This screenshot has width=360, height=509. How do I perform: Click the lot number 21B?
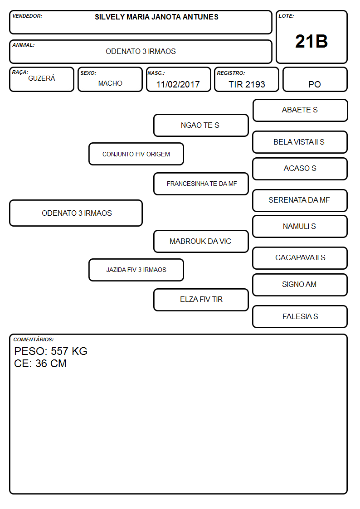pyautogui.click(x=311, y=42)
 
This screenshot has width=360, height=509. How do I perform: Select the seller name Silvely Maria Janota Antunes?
pyautogui.click(x=156, y=17)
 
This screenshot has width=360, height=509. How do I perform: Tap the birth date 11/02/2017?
pyautogui.click(x=178, y=84)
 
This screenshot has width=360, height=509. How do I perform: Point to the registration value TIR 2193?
pyautogui.click(x=247, y=84)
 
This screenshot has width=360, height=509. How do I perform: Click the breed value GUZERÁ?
pyautogui.click(x=42, y=78)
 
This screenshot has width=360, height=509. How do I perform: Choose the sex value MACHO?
pyautogui.click(x=110, y=83)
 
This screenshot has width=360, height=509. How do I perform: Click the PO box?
pyautogui.click(x=315, y=79)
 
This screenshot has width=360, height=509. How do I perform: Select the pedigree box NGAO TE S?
pyautogui.click(x=201, y=125)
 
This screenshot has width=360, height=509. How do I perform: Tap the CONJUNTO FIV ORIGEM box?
pyautogui.click(x=136, y=154)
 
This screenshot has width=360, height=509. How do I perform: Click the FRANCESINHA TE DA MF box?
pyautogui.click(x=201, y=184)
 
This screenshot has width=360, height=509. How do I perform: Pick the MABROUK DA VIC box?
pyautogui.click(x=201, y=242)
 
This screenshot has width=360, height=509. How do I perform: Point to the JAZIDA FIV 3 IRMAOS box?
pyautogui.click(x=136, y=270)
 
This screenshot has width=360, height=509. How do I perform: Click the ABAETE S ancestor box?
pyautogui.click(x=300, y=111)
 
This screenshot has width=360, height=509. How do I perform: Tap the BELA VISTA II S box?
pyautogui.click(x=300, y=142)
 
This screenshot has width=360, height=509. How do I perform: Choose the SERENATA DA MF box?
pyautogui.click(x=300, y=201)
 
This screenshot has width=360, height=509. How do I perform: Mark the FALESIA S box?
pyautogui.click(x=300, y=317)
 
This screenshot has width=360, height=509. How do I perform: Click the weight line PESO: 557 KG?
pyautogui.click(x=51, y=351)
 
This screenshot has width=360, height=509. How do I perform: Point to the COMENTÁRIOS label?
pyautogui.click(x=34, y=339)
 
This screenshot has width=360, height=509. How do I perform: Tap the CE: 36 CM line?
pyautogui.click(x=40, y=364)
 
